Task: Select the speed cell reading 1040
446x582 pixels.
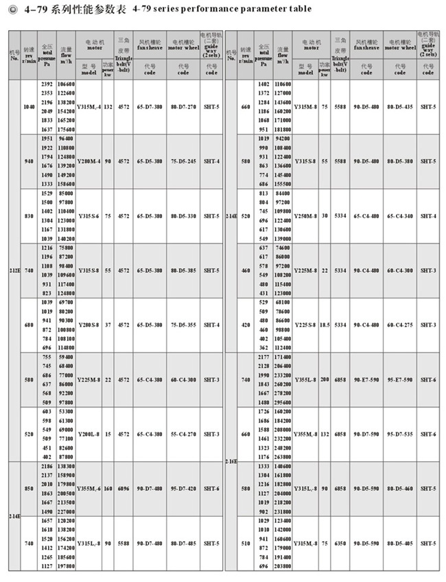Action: click(29, 107)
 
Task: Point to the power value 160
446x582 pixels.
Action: click(108, 489)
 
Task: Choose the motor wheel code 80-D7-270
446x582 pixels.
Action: click(183, 107)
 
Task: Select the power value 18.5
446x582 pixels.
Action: click(325, 325)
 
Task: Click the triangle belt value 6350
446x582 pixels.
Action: click(340, 543)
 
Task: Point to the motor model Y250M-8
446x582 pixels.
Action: click(305, 216)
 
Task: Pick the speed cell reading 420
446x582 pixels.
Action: click(246, 325)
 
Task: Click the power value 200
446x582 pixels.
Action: click(325, 379)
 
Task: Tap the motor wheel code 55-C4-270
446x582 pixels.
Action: click(183, 434)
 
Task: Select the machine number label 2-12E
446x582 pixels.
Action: click(14, 270)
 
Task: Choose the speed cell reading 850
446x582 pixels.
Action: click(29, 489)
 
